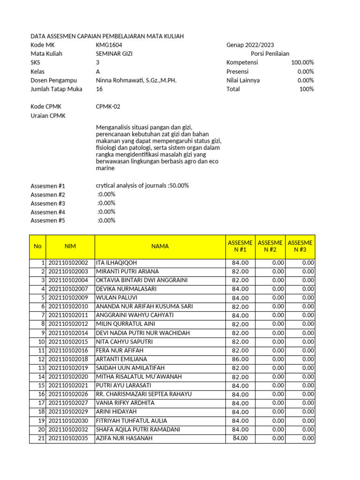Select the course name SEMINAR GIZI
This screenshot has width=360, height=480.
click(114, 54)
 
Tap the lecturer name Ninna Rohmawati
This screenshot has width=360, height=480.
click(136, 80)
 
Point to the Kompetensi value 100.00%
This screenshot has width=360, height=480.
click(302, 63)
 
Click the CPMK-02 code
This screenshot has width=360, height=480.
click(108, 107)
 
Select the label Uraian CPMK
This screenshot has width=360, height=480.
click(48, 116)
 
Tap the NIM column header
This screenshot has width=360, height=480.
click(70, 246)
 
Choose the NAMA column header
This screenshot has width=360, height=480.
click(160, 246)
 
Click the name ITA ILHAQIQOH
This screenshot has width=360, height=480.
click(116, 263)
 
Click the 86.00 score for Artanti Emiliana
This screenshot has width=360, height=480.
click(240, 359)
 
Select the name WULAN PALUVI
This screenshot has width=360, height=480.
click(113, 298)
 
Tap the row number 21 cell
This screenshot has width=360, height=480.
click(38, 438)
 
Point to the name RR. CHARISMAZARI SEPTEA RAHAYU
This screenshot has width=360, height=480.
click(143, 394)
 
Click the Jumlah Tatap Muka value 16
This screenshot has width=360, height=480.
click(99, 89)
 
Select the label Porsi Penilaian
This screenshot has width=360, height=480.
click(270, 54)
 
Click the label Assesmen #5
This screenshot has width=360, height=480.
click(48, 221)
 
